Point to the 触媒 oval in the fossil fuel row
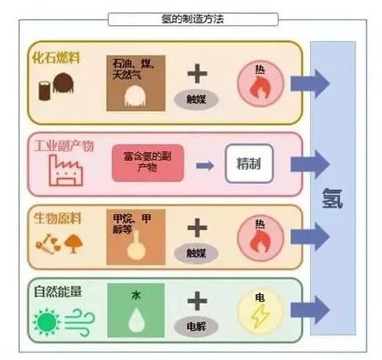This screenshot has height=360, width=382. click(x=198, y=98)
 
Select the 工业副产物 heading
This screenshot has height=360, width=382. click(x=64, y=146)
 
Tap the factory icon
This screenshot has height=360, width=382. click(x=65, y=169)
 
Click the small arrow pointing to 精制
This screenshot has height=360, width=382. click(x=204, y=166)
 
